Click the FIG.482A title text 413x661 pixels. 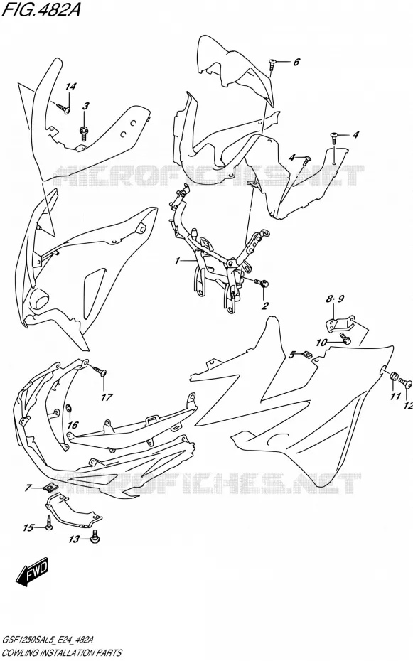click(x=41, y=9)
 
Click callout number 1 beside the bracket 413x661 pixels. click(x=178, y=262)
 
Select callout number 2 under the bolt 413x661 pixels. click(x=264, y=305)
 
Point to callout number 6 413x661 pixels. click(x=296, y=62)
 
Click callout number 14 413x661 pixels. click(x=71, y=87)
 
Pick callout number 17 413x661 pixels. click(x=107, y=397)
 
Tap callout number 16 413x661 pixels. click(x=73, y=424)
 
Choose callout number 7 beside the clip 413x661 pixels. click(x=28, y=488)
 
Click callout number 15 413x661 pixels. click(x=28, y=527)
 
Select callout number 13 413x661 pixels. click(x=74, y=539)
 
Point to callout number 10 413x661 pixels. click(x=321, y=343)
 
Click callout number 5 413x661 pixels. click(x=291, y=355)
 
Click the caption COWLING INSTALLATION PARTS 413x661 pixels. click(x=62, y=652)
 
